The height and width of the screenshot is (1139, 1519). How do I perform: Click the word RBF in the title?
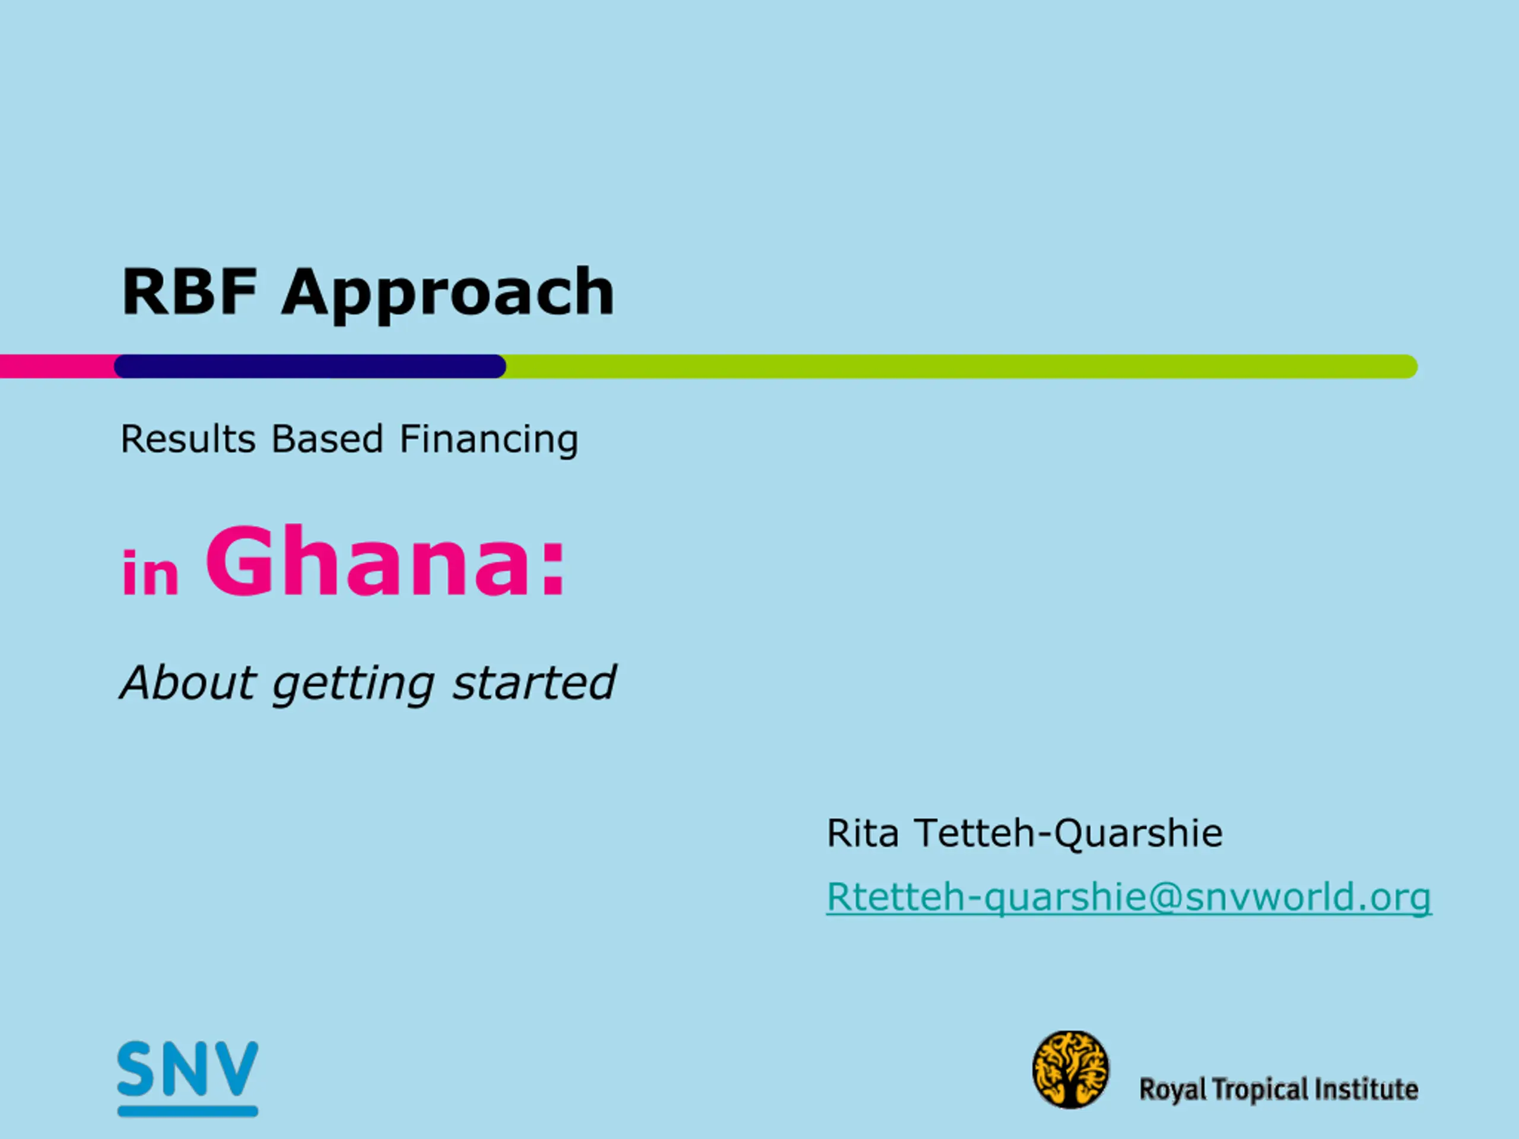[189, 291]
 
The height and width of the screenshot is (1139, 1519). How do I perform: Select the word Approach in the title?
[449, 295]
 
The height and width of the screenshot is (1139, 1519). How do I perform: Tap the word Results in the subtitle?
[188, 440]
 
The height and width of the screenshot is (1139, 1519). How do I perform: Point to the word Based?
[327, 440]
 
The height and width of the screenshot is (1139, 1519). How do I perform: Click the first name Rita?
[863, 833]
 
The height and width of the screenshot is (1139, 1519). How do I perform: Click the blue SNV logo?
[188, 1078]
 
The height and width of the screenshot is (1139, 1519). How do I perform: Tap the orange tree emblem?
[1070, 1070]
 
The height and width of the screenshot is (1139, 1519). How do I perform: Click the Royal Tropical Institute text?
[1279, 1090]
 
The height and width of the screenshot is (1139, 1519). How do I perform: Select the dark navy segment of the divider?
[310, 367]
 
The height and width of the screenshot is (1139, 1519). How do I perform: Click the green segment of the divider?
[961, 367]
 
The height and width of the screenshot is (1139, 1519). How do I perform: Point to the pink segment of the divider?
[58, 367]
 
